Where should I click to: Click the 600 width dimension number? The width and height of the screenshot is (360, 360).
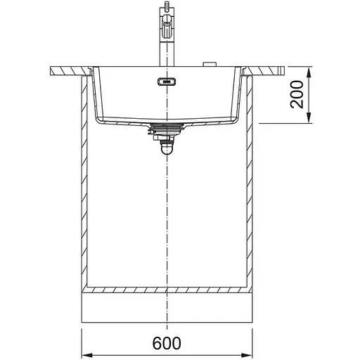point(167,343)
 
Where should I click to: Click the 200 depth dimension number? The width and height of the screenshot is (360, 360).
point(297,94)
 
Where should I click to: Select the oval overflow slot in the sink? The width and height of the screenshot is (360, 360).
point(167,82)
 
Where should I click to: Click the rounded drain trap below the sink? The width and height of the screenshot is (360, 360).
point(167,148)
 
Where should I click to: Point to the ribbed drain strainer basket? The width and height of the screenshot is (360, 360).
point(167,129)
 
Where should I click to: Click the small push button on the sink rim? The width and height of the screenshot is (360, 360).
point(210,65)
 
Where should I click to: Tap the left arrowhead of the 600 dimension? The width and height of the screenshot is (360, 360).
point(87,354)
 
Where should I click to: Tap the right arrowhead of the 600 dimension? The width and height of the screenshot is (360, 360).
point(247,354)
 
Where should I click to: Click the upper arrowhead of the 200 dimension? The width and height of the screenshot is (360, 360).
point(309,72)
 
